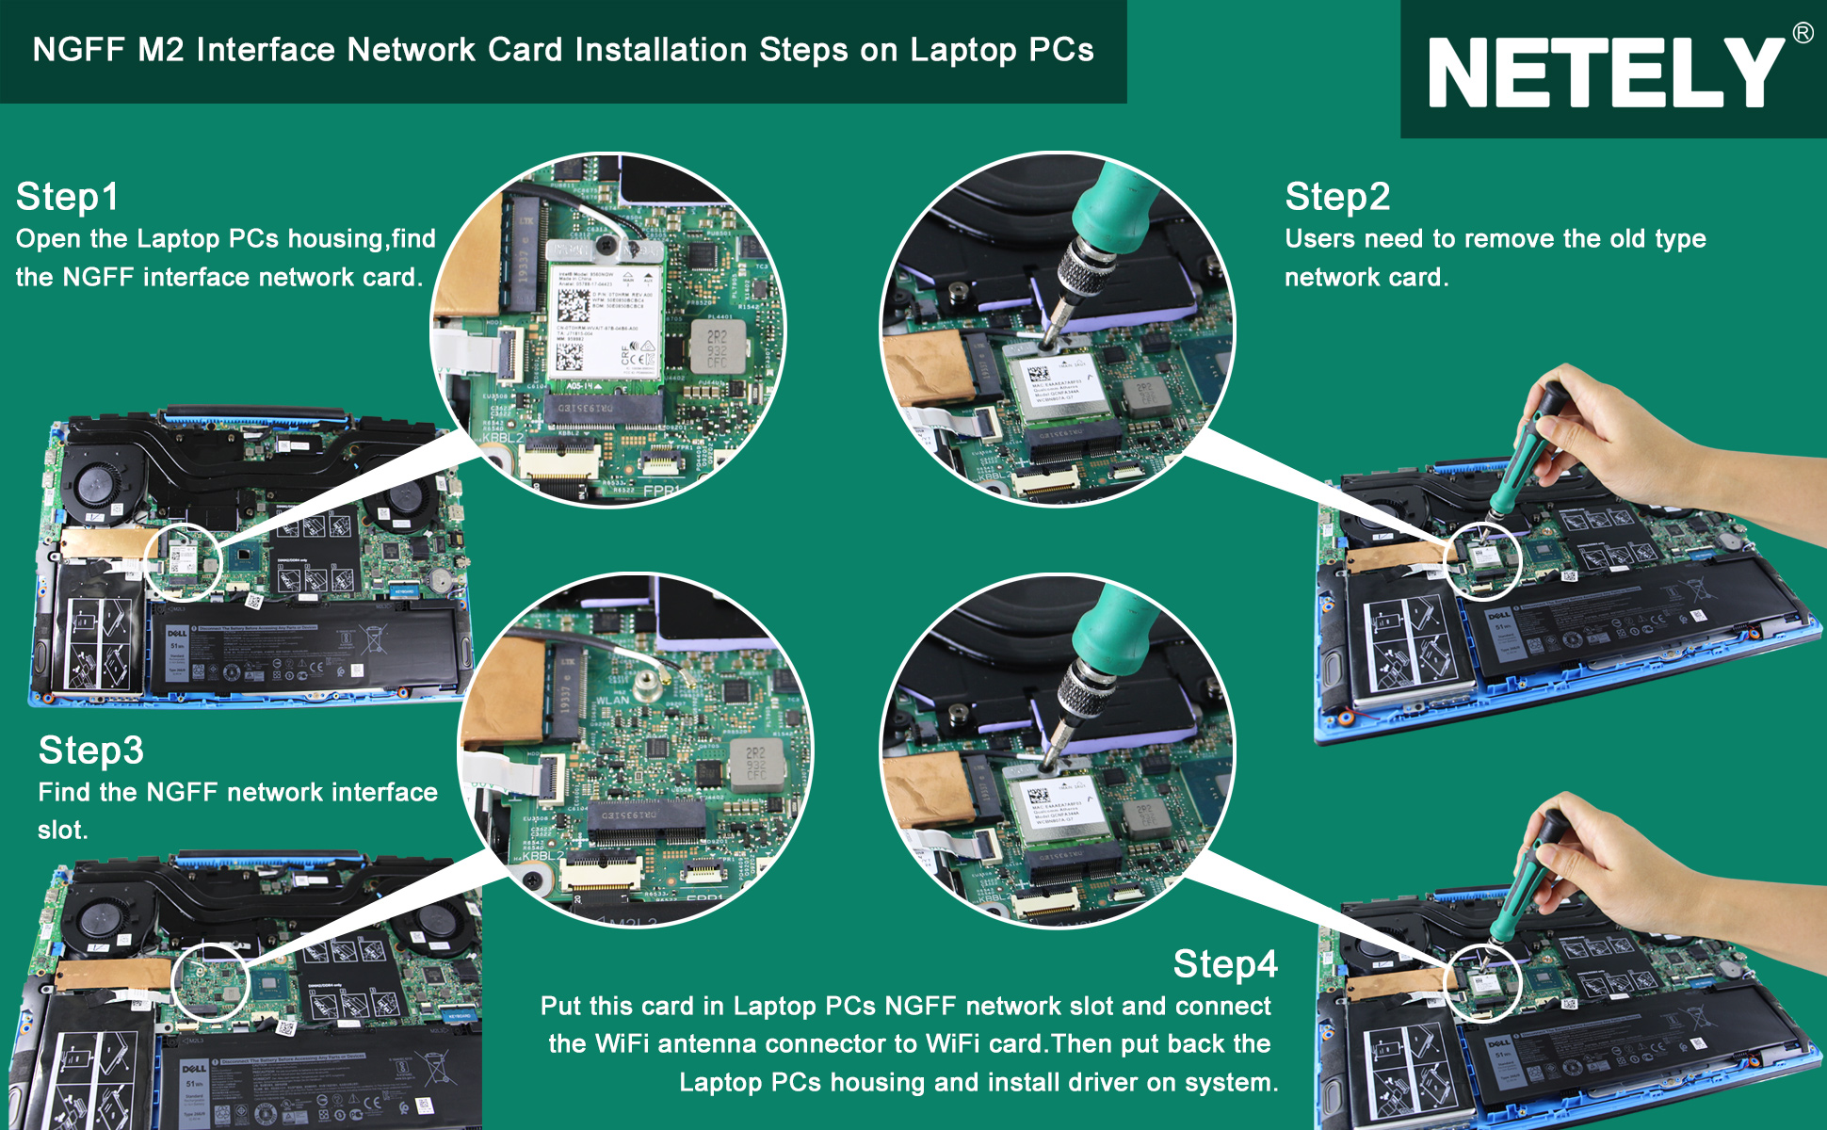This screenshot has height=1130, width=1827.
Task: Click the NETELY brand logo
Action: tap(1605, 73)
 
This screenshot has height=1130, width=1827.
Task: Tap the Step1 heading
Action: tap(67, 197)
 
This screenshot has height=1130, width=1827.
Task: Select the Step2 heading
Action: tap(1336, 197)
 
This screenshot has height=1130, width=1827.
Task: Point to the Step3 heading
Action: tap(90, 751)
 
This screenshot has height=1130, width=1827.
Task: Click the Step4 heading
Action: tap(1224, 963)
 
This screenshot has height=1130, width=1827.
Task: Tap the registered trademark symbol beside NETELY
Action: tap(1803, 33)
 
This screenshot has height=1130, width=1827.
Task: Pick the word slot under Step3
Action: tap(62, 830)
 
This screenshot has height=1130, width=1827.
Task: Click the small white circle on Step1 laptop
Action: tap(183, 562)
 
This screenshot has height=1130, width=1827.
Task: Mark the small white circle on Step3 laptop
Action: tap(210, 981)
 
